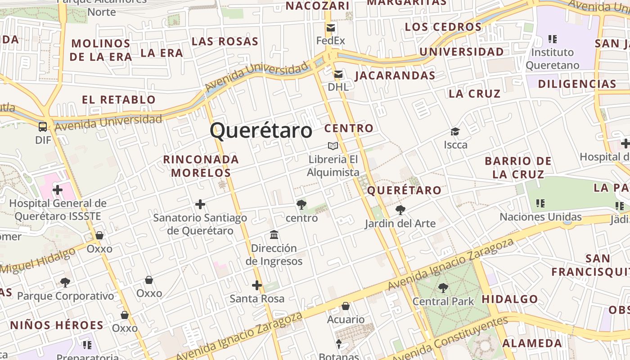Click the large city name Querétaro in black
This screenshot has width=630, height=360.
pyautogui.click(x=261, y=130)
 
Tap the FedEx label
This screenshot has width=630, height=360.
pyautogui.click(x=331, y=40)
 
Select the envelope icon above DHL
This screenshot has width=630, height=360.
pyautogui.click(x=338, y=74)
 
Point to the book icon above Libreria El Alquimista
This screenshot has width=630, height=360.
pyautogui.click(x=333, y=146)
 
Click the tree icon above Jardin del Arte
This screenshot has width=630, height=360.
pyautogui.click(x=400, y=210)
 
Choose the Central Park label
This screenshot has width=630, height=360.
pyautogui.click(x=443, y=301)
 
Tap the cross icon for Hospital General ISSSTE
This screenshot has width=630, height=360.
pyautogui.click(x=58, y=190)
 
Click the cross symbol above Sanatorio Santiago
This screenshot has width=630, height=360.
pyautogui.click(x=200, y=205)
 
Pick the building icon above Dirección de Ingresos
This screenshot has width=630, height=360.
pyautogui.click(x=274, y=235)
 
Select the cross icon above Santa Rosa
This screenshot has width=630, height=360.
pyautogui.click(x=257, y=285)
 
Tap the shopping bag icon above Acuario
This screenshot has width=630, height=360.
pyautogui.click(x=346, y=306)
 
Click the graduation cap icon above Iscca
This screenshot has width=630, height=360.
pyautogui.click(x=455, y=132)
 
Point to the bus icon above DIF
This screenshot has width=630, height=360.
pyautogui.click(x=43, y=127)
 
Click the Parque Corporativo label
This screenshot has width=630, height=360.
pyautogui.click(x=66, y=296)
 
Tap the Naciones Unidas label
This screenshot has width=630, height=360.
pyautogui.click(x=540, y=217)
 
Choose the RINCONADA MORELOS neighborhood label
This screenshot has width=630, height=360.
pyautogui.click(x=201, y=166)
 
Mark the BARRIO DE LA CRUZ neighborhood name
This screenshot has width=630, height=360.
pyautogui.click(x=518, y=167)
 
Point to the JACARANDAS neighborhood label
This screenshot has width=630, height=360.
pyautogui.click(x=395, y=76)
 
